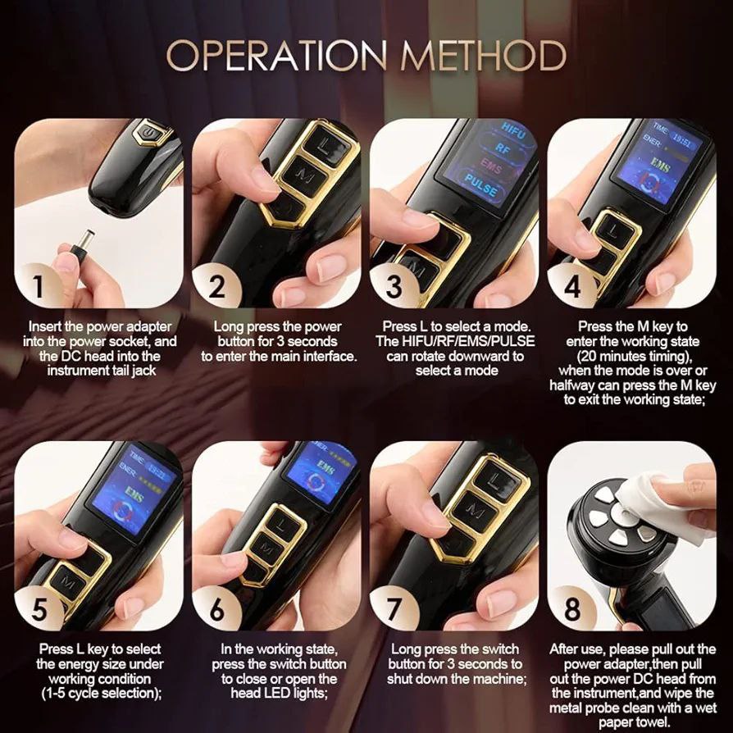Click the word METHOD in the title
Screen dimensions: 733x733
click(484, 55)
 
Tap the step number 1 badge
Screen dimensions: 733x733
click(39, 286)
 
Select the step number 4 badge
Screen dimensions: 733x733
click(572, 286)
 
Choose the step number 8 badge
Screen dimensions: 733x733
click(572, 608)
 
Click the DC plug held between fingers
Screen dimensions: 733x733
click(82, 244)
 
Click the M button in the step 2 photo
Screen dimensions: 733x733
click(305, 175)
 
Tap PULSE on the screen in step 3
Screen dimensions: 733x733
click(481, 185)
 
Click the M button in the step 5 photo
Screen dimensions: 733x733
click(69, 585)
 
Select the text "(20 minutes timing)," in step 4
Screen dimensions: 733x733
click(634, 356)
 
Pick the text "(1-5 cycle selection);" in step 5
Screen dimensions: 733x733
click(101, 694)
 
